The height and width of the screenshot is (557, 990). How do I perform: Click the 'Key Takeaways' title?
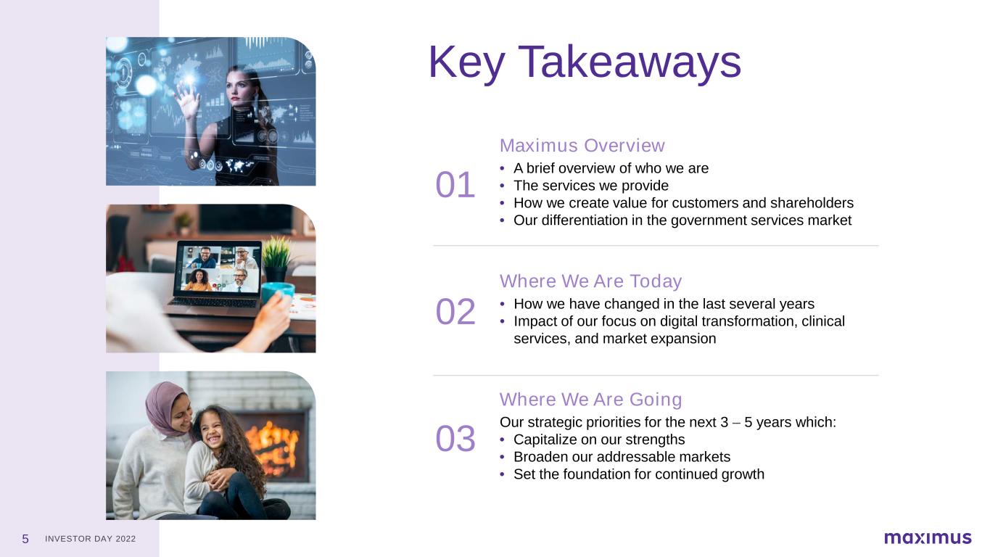coord(585,63)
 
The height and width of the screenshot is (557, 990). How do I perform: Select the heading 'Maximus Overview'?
coord(582,146)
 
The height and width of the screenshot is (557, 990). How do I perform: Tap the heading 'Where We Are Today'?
coord(590,281)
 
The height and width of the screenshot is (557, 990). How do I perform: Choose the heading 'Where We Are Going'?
coord(591,399)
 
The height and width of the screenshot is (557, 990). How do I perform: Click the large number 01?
coord(455,185)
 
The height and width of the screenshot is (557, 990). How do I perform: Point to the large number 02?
coord(455,312)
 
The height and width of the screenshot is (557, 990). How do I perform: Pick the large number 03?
coord(455,439)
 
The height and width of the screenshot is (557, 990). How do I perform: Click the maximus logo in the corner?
coord(928,538)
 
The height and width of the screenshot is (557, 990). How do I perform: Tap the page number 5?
coord(25,539)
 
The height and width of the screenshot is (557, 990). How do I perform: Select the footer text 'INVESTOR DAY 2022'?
coord(90,539)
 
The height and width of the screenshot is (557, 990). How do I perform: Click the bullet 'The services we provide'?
coord(591,186)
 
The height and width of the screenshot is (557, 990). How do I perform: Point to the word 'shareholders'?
coord(812,203)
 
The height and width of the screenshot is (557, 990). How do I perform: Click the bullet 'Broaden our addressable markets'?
coord(622,457)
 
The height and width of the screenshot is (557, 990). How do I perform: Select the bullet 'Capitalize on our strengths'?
coord(599,440)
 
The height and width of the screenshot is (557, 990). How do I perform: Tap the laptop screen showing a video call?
coord(218,269)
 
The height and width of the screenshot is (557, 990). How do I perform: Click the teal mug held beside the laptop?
coord(278,292)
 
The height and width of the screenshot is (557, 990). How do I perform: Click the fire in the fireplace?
coord(271,447)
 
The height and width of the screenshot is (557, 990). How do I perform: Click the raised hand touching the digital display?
coord(187,99)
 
